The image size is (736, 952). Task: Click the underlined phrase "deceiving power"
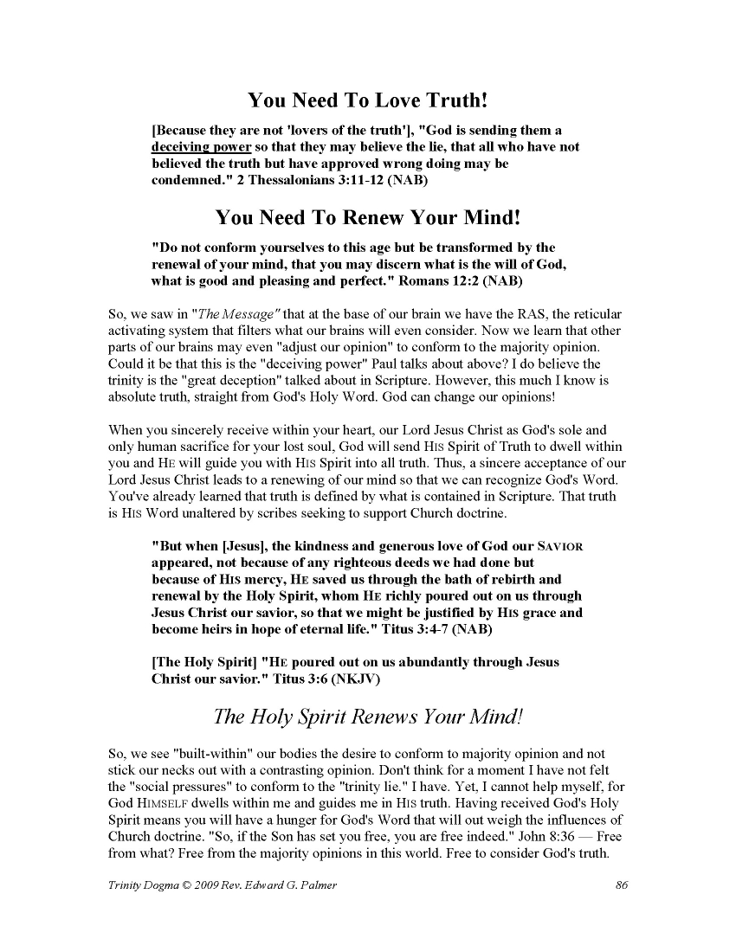click(196, 147)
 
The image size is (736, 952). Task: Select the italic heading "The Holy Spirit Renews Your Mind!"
click(368, 717)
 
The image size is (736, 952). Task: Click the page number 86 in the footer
click(621, 884)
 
